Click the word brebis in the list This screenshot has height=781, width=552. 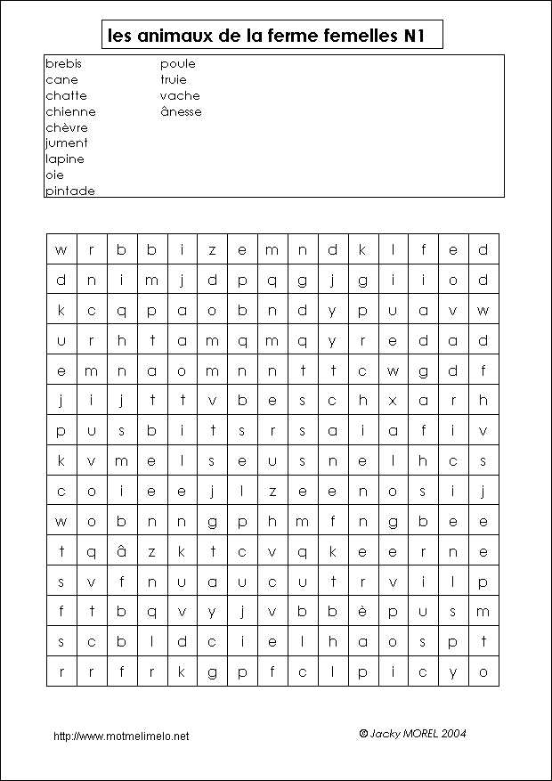[63, 64]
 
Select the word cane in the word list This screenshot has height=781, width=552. [61, 80]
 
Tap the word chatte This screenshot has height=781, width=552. [66, 96]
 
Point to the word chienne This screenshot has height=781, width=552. [70, 112]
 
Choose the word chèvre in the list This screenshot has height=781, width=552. [67, 127]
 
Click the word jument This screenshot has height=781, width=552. [67, 143]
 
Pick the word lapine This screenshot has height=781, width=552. [65, 159]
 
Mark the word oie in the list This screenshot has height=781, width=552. [54, 175]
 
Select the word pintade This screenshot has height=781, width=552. [70, 191]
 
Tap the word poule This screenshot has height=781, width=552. [178, 64]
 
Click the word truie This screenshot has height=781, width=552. [174, 80]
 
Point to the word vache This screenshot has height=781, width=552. [180, 96]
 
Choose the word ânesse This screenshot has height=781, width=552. [181, 112]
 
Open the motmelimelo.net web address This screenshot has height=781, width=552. [121, 736]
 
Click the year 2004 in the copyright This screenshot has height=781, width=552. [451, 734]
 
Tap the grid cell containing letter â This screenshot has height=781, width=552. [121, 551]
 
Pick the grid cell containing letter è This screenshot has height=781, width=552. [361, 611]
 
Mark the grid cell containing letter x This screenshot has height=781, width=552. [392, 400]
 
